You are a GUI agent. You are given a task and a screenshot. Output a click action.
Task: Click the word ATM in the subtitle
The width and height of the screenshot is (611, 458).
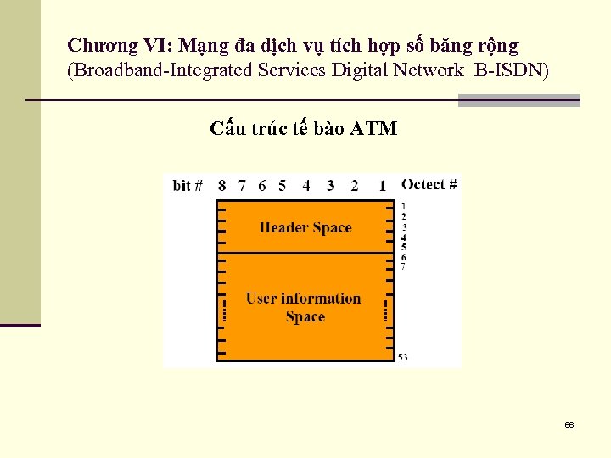pos(373,129)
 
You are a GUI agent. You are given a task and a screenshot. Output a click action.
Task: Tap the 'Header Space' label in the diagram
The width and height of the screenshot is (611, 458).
pos(305,227)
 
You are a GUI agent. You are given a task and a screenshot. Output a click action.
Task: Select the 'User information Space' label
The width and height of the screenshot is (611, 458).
pos(304,307)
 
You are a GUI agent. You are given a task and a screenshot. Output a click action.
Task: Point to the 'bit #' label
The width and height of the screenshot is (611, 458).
pos(188,185)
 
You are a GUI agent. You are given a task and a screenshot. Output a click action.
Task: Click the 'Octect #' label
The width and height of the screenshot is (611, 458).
pos(429,184)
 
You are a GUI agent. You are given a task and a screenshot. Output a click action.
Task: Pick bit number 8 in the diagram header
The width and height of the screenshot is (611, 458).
pos(221,185)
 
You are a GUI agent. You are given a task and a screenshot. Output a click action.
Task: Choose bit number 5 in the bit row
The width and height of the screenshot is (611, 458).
pos(282,185)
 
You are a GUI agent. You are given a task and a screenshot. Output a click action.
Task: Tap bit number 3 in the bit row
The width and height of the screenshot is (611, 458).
pos(330,185)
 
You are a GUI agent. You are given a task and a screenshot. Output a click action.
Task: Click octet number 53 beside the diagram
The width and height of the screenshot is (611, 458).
pos(402,357)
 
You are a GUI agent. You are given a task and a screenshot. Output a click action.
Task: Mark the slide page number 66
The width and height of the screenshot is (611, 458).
pos(569,425)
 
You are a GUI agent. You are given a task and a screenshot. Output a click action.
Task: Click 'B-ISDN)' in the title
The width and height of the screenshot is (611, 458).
pos(512,70)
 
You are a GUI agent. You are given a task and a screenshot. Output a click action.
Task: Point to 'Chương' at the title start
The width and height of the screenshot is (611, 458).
pos(97,45)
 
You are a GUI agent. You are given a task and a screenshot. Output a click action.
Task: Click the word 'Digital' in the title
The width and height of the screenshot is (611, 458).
pos(358,70)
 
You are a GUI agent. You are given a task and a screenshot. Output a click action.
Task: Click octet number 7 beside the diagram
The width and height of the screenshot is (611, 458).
pos(403,266)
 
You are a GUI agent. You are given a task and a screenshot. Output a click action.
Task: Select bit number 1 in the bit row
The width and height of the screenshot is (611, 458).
pos(383,185)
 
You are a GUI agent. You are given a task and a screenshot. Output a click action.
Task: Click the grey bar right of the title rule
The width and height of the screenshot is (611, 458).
pos(519,100)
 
